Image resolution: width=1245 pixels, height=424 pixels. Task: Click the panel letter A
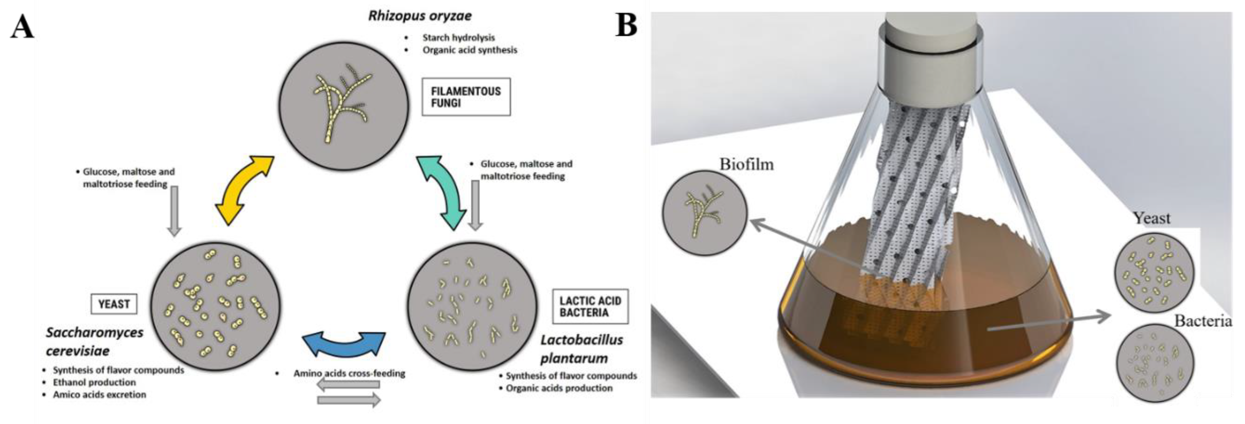[x=22, y=27]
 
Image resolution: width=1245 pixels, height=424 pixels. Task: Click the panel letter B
[x=626, y=25]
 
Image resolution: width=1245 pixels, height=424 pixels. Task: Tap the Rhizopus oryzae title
[x=419, y=15]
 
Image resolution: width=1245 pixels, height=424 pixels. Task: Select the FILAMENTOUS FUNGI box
[x=466, y=97]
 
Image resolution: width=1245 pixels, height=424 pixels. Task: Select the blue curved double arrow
[x=344, y=344]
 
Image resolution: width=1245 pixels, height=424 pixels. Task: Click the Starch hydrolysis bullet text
[x=458, y=37]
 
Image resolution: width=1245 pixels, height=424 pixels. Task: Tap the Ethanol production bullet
[x=94, y=382]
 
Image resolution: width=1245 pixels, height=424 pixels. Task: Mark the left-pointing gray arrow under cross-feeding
[x=348, y=385]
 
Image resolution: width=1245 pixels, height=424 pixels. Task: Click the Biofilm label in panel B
[x=746, y=164]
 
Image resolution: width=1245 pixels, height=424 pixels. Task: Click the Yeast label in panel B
[x=1152, y=218]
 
